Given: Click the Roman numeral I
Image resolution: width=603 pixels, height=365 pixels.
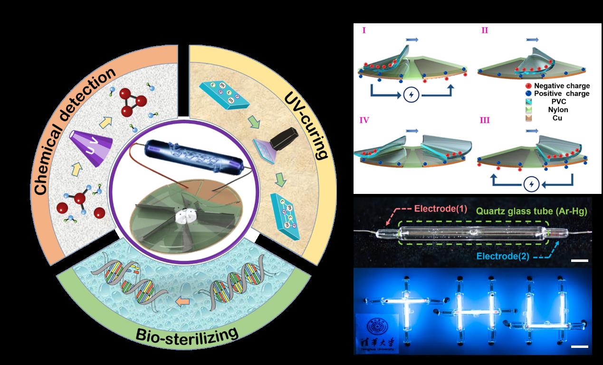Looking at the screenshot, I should [x=364, y=30].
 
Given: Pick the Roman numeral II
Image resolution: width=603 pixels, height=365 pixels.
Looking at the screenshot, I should [x=484, y=30].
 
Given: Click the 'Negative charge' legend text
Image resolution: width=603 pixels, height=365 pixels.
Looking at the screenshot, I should [x=561, y=86].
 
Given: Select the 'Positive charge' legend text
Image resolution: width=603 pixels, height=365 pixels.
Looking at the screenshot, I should [x=561, y=94].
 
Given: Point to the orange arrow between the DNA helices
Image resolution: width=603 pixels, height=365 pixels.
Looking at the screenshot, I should [x=181, y=300].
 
